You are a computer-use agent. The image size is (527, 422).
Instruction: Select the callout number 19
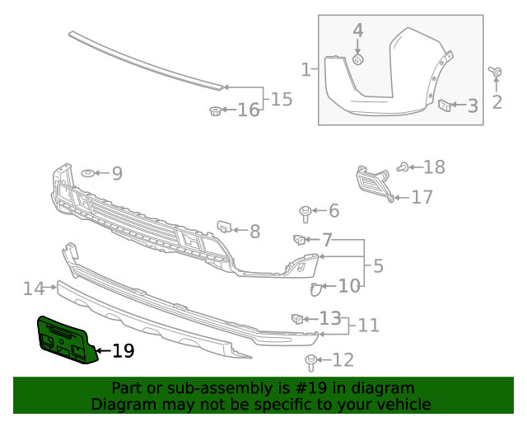coord(123,351)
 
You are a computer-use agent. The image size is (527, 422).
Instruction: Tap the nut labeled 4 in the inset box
coord(358,59)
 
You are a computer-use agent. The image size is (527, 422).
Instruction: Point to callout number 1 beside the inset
coord(305,69)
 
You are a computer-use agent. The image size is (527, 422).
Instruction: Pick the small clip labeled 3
coord(443,105)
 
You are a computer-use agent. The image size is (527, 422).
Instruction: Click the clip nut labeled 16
coord(215,110)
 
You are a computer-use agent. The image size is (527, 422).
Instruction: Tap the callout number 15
coord(282,100)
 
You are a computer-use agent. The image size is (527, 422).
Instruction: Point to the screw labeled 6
coord(305,213)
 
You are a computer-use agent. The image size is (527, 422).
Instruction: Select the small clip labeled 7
coord(299,240)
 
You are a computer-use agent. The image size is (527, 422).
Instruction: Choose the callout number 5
coord(378,266)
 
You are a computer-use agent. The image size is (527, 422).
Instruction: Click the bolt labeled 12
coord(311,360)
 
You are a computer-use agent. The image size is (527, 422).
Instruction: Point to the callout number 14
coord(34,288)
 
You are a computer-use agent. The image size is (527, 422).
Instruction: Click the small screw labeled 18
coord(403,168)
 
